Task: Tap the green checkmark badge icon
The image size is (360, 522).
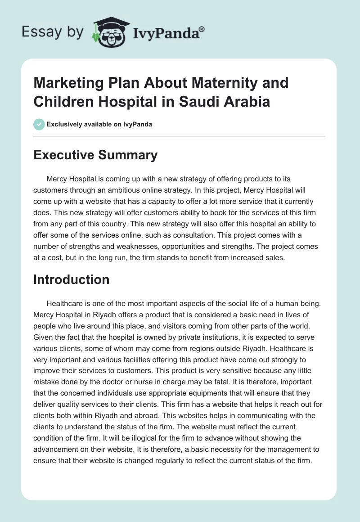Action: coord(39,124)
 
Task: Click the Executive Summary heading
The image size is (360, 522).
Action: coord(96,155)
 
